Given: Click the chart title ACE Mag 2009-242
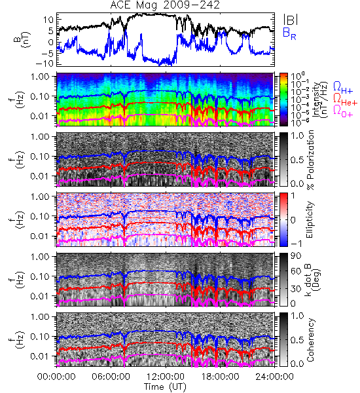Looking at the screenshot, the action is (165, 5).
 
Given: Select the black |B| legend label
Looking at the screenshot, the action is (291, 19).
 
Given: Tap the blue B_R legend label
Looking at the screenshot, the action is (289, 33).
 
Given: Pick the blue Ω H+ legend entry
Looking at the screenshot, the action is (343, 88).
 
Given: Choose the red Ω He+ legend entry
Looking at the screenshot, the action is (345, 99).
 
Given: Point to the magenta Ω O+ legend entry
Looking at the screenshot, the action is (343, 111).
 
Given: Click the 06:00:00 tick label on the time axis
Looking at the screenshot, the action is (111, 377).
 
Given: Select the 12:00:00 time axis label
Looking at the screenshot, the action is (166, 377).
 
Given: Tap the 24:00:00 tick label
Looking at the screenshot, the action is (274, 377).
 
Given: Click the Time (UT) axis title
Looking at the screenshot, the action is (165, 386).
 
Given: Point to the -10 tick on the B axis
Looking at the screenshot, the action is (45, 64).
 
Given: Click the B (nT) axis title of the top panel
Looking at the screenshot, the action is (23, 40).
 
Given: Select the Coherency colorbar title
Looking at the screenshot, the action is (310, 340).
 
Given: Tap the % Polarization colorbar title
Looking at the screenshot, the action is (311, 160).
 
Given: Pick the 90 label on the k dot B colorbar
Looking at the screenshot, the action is (297, 256).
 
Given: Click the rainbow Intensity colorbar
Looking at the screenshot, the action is (283, 100).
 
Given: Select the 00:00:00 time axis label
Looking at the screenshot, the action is (56, 377).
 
